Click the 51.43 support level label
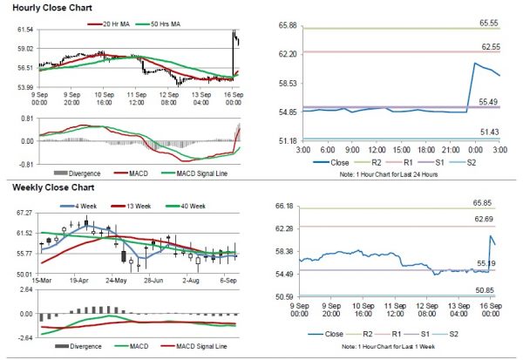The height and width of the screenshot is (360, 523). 492,132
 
